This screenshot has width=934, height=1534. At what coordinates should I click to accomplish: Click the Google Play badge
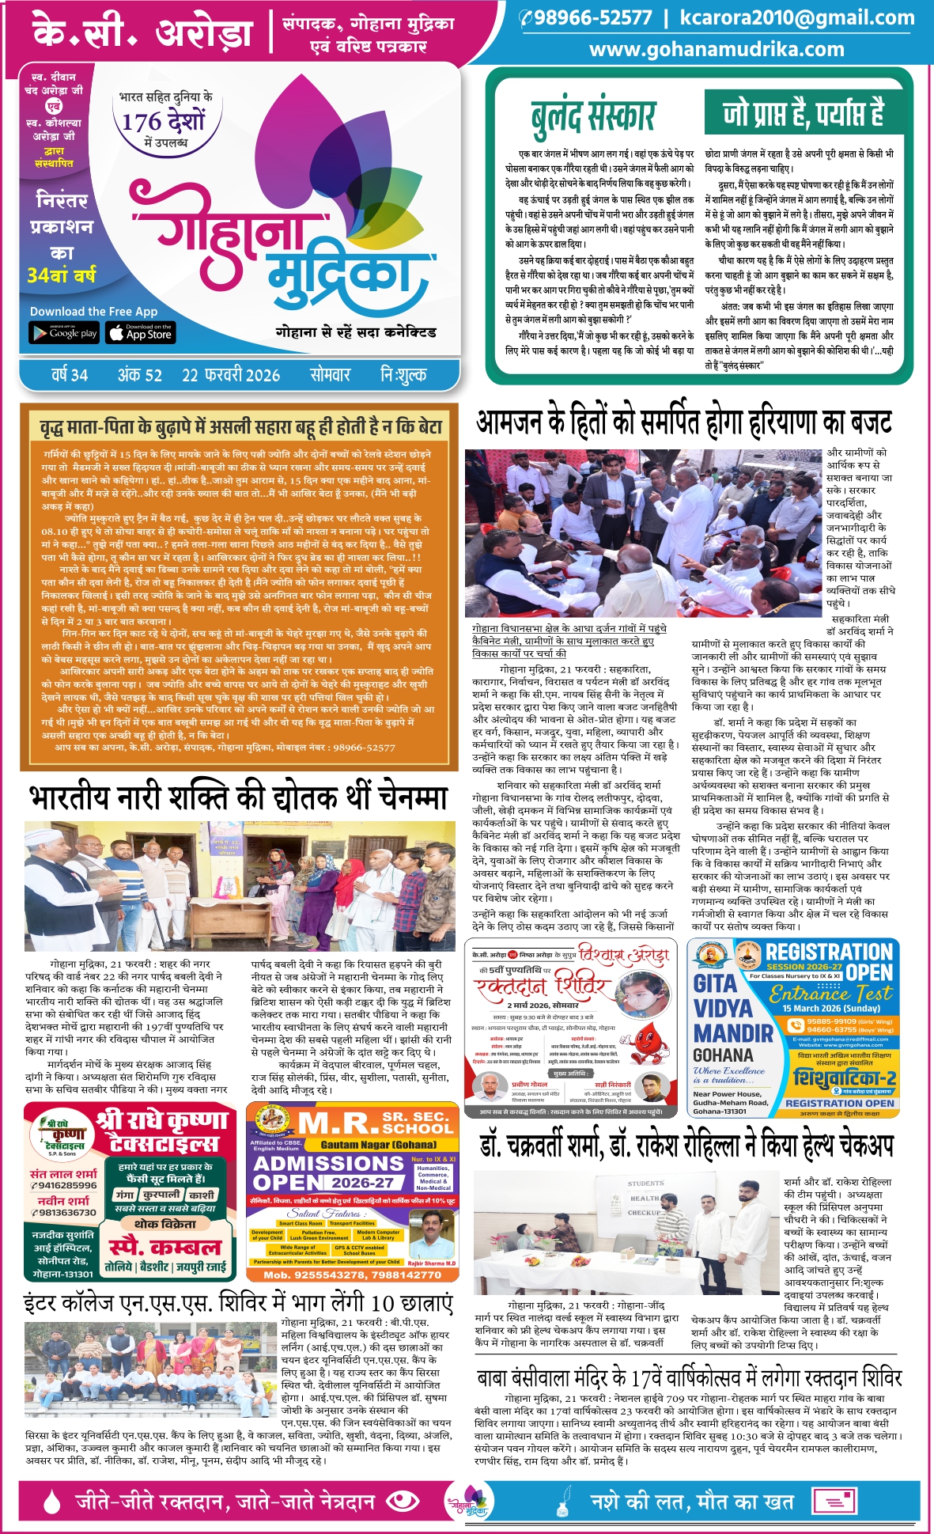click(64, 333)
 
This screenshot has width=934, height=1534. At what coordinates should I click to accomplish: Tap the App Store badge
click(141, 333)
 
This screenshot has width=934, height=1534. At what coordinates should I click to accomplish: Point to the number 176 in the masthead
click(142, 122)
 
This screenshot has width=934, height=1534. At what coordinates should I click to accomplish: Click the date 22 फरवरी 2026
click(231, 375)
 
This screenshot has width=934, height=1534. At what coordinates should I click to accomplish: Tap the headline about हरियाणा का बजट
click(684, 422)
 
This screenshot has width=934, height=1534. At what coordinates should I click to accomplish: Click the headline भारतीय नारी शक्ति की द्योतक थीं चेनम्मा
click(238, 798)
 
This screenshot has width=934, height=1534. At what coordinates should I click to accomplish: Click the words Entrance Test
click(830, 993)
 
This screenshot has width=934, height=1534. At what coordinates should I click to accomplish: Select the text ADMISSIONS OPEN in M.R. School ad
click(327, 1172)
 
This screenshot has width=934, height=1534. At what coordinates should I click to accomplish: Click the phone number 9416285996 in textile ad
click(65, 1185)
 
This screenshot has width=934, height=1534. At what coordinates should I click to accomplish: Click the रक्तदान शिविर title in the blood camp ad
click(543, 987)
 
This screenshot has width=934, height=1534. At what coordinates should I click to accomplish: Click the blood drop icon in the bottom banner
click(52, 1501)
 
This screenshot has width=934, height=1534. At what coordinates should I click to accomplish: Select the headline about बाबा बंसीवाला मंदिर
click(689, 1378)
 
